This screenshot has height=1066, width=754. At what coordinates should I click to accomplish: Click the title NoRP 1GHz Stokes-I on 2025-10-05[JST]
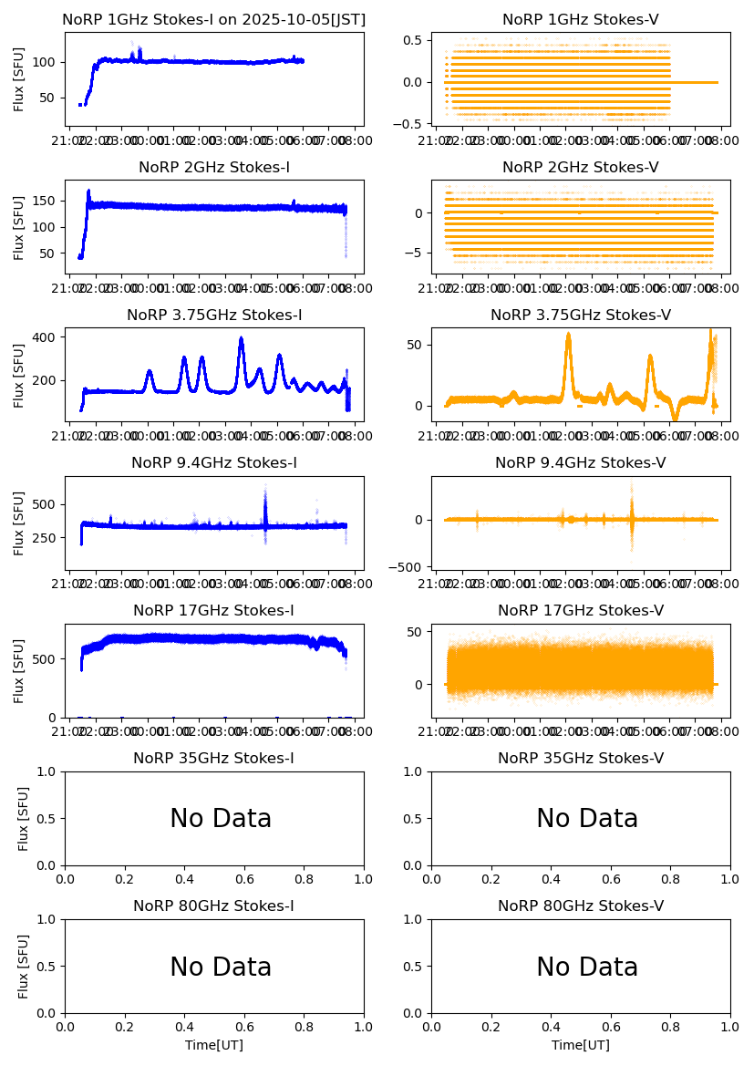coord(213,19)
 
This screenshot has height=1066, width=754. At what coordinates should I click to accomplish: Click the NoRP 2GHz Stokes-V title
coord(580,167)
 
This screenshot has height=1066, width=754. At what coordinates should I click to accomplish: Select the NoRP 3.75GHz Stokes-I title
coord(214,316)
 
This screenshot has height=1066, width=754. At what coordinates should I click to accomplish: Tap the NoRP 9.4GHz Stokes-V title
coord(580,463)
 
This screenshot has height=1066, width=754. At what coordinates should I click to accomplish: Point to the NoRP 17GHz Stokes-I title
coord(214,611)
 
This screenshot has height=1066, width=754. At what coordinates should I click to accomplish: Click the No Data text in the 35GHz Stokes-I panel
coord(221,819)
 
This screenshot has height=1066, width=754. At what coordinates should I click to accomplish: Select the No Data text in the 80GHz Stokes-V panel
coord(587,967)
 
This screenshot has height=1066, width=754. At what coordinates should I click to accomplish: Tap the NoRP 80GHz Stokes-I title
coord(214,906)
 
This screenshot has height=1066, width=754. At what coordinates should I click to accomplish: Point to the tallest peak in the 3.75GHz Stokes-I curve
coord(241,338)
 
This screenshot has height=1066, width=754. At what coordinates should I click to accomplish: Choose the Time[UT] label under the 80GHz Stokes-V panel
coord(580,1045)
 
